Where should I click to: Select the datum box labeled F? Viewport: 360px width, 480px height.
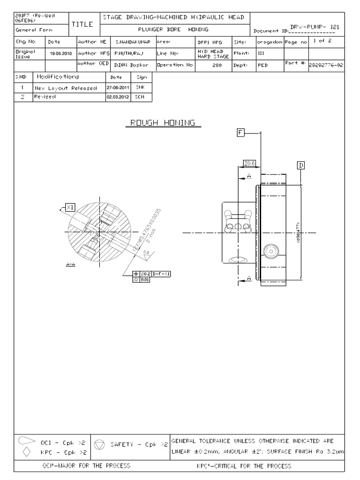(x=240, y=133)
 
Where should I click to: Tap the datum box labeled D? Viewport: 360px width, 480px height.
(x=300, y=165)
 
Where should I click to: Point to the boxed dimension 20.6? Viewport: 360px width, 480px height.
(x=249, y=163)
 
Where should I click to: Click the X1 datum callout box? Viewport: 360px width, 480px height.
(x=70, y=207)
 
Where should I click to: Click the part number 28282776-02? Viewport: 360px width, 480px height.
(x=325, y=65)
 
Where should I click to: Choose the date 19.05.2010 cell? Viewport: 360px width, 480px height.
(x=60, y=53)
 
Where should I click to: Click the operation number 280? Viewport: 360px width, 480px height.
(x=217, y=65)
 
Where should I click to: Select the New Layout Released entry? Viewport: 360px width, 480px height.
(x=66, y=88)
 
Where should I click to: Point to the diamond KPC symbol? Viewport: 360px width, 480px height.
(x=27, y=452)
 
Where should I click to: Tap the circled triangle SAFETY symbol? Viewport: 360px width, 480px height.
(x=99, y=444)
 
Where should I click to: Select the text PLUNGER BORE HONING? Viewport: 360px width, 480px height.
(x=175, y=30)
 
